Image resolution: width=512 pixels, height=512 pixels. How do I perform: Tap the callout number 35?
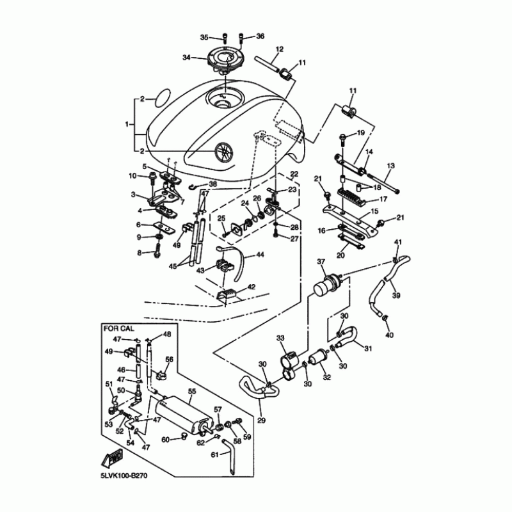point(204,38)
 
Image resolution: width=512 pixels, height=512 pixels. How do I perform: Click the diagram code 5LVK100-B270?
point(124,476)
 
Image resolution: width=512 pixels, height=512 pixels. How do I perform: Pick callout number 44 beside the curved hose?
point(260,254)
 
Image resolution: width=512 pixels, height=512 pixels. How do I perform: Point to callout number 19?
point(360,133)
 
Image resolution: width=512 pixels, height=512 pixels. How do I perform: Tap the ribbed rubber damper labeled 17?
point(352,195)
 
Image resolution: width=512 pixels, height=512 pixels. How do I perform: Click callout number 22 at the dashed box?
point(294,173)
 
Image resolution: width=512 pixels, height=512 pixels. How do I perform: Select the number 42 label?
point(252,287)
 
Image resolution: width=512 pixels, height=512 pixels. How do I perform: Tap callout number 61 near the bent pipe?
point(214,454)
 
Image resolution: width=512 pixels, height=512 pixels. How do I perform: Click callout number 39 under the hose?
point(396,296)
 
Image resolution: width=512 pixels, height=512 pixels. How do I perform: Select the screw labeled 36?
point(241,38)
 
